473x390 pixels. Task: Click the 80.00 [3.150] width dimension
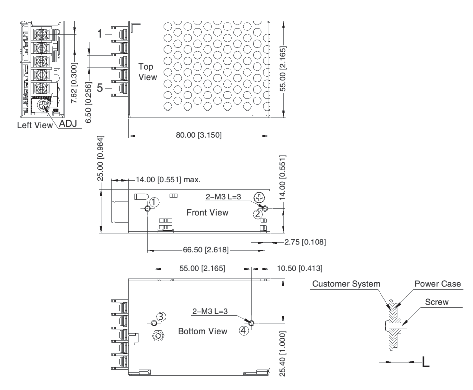pos(199,135)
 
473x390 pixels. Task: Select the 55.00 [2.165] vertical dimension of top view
pos(283,68)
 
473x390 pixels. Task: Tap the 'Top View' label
pos(147,72)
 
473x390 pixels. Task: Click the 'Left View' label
pos(35,125)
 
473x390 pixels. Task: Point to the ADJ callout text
pos(68,124)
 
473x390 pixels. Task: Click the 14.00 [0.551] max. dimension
pos(168,180)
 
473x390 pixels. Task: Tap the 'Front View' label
pos(207,212)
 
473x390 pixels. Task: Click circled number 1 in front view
pos(155,202)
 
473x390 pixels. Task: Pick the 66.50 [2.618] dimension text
pos(206,250)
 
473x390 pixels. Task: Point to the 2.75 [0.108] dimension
pos(304,242)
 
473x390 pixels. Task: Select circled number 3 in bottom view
pos(161,317)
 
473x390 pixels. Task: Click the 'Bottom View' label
pos(203,331)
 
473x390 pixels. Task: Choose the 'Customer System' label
pos(346,284)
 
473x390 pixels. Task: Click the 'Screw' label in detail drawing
pos(436,302)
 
